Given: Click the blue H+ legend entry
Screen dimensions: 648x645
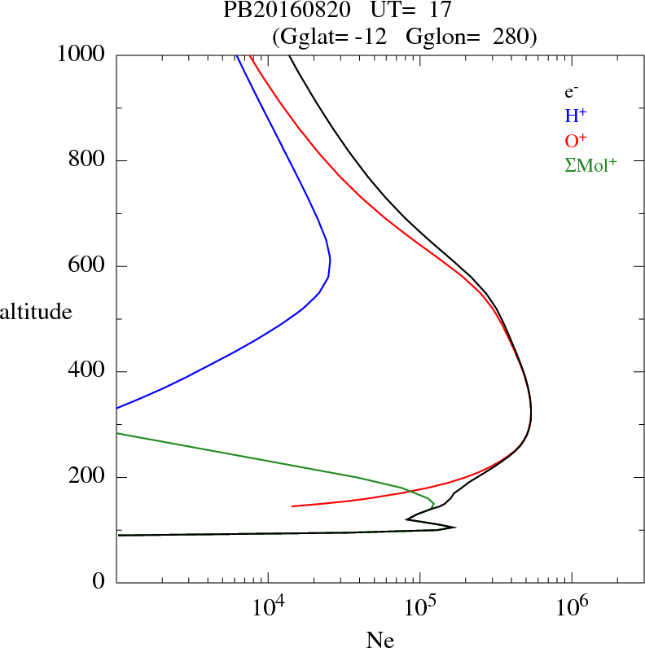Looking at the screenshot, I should pyautogui.click(x=575, y=116).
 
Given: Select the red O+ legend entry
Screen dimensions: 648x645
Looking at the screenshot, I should pyautogui.click(x=576, y=140).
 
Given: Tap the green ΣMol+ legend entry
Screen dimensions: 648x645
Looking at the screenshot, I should pyautogui.click(x=590, y=165).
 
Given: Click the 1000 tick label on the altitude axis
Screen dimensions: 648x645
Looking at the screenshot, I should pyautogui.click(x=81, y=55).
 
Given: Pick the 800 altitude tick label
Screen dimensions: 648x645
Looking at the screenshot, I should pyautogui.click(x=88, y=160).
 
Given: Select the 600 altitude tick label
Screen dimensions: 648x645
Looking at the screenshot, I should pyautogui.click(x=88, y=266).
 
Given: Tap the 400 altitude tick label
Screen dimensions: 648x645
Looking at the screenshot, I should pyautogui.click(x=88, y=372).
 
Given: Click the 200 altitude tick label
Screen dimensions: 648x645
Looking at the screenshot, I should pyautogui.click(x=88, y=477).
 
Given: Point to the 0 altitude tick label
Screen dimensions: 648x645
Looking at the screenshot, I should pyautogui.click(x=99, y=583).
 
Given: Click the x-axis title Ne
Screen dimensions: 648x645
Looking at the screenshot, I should pyautogui.click(x=380, y=640).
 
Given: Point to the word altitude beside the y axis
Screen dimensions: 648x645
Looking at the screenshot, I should pyautogui.click(x=36, y=311).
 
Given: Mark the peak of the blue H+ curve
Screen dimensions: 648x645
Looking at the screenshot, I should pyautogui.click(x=330, y=261).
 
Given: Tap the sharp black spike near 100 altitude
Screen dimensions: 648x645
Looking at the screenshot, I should pyautogui.click(x=454, y=527).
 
